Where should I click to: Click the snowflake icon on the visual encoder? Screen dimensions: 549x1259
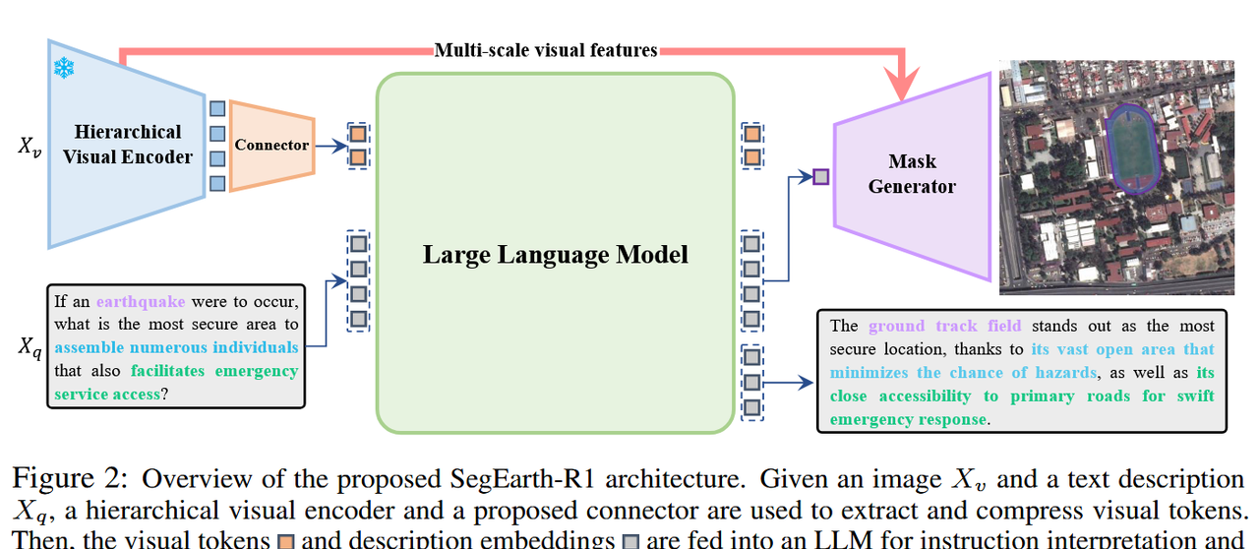pos(64,68)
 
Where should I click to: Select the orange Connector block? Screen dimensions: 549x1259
pos(271,145)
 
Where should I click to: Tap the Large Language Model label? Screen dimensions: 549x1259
pos(555,255)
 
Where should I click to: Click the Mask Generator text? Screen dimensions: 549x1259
pos(912,173)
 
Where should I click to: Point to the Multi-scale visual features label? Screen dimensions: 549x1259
pos(546,49)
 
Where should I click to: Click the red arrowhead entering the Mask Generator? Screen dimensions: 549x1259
pos(901,83)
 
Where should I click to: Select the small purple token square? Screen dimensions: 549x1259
pos(821,177)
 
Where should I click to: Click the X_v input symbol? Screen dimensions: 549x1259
pos(30,147)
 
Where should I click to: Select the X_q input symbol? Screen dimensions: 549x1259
pos(30,347)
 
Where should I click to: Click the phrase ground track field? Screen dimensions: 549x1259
pos(944,326)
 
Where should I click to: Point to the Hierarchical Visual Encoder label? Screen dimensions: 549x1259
pos(129,144)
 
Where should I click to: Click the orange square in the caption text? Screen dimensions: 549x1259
pos(286,540)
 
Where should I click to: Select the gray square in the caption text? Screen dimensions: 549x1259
pos(631,540)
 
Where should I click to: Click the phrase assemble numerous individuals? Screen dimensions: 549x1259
pos(177,347)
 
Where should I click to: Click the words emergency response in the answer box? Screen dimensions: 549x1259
pos(907,419)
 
